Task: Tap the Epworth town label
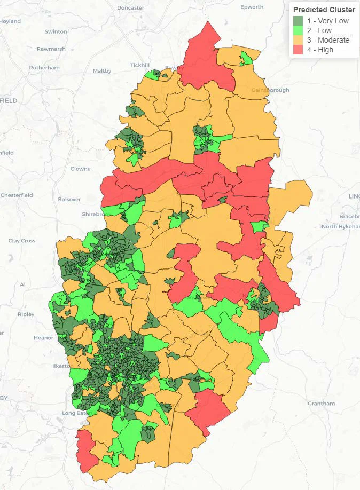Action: coord(252,7)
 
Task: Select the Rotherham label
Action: coord(44,68)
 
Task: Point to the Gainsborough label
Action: coord(270,90)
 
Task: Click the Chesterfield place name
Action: coord(17,195)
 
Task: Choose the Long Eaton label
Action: coord(77,413)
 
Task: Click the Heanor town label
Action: coord(43,338)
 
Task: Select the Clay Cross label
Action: coord(22,241)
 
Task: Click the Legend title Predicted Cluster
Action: coord(324,10)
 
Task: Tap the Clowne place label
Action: coord(81,169)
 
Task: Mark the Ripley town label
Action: coord(26,314)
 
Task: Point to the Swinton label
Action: coord(56,31)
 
